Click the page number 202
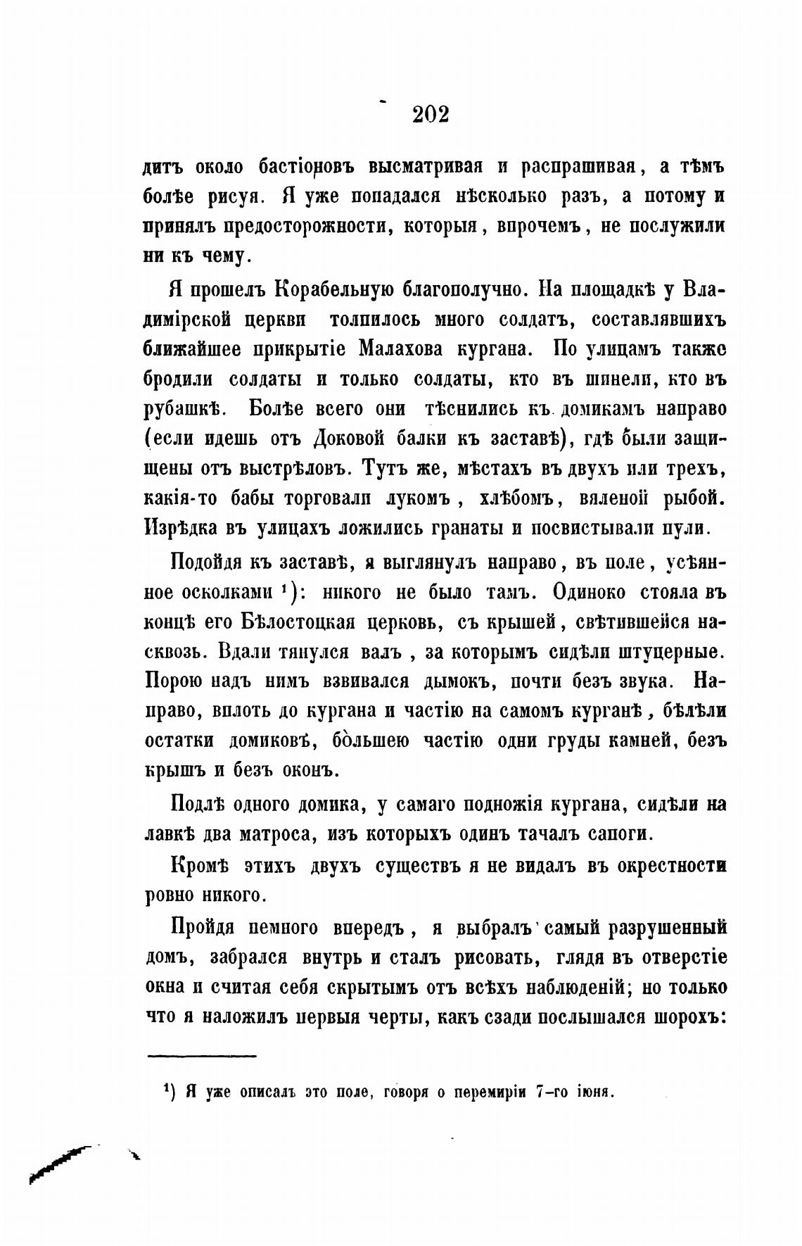(x=431, y=113)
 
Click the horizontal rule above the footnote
(x=202, y=1055)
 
